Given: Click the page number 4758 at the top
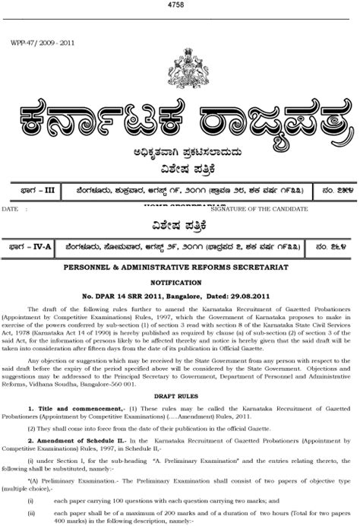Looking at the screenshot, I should pos(180,6).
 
